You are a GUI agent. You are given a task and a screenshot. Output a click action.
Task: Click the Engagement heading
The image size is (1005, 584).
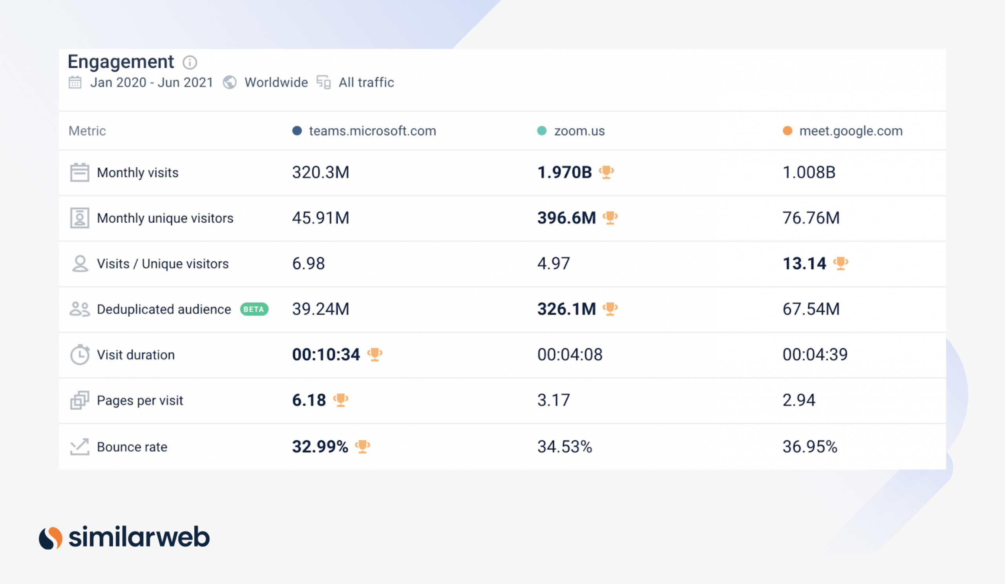coord(121,62)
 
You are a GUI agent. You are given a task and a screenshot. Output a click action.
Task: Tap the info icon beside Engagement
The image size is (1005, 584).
coord(190,62)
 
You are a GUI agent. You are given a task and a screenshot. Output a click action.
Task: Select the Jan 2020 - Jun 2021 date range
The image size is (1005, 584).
coord(151,82)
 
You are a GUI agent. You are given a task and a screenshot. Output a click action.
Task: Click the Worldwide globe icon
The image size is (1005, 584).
coord(229,82)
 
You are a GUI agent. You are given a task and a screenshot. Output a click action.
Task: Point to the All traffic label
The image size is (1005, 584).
coord(366,82)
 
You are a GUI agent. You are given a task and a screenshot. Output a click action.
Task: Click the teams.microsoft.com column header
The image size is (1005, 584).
coord(372,131)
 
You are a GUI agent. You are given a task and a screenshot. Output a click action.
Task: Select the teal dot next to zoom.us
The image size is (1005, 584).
coord(542,131)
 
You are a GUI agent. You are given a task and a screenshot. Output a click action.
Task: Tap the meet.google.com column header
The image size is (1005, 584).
coord(850,131)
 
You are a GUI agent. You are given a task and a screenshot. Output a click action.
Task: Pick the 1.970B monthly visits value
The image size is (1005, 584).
coord(564,172)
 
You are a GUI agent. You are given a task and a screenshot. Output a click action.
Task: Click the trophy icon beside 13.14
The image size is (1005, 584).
coord(841,263)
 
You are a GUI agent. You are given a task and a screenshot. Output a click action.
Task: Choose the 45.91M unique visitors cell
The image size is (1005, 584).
coord(320,218)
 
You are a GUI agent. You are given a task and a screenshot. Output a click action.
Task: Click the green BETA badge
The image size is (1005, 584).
coord(254,309)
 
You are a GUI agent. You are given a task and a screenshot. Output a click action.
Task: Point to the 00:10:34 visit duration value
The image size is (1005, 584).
coord(326,355)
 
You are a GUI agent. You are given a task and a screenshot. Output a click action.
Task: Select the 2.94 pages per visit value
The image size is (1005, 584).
coord(799,400)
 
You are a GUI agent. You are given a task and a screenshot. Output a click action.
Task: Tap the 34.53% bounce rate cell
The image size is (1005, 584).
coord(564,447)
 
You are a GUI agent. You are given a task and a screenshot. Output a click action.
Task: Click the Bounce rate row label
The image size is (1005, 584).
coord(132,447)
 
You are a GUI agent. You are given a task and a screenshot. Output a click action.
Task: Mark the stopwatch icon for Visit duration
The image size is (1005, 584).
coord(80,355)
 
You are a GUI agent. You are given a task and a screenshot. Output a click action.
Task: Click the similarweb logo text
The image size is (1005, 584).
coord(139,537)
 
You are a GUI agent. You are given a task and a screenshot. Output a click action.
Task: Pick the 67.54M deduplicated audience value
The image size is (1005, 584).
coord(811,309)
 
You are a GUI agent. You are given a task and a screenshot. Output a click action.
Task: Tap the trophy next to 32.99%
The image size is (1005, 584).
coord(362,446)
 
